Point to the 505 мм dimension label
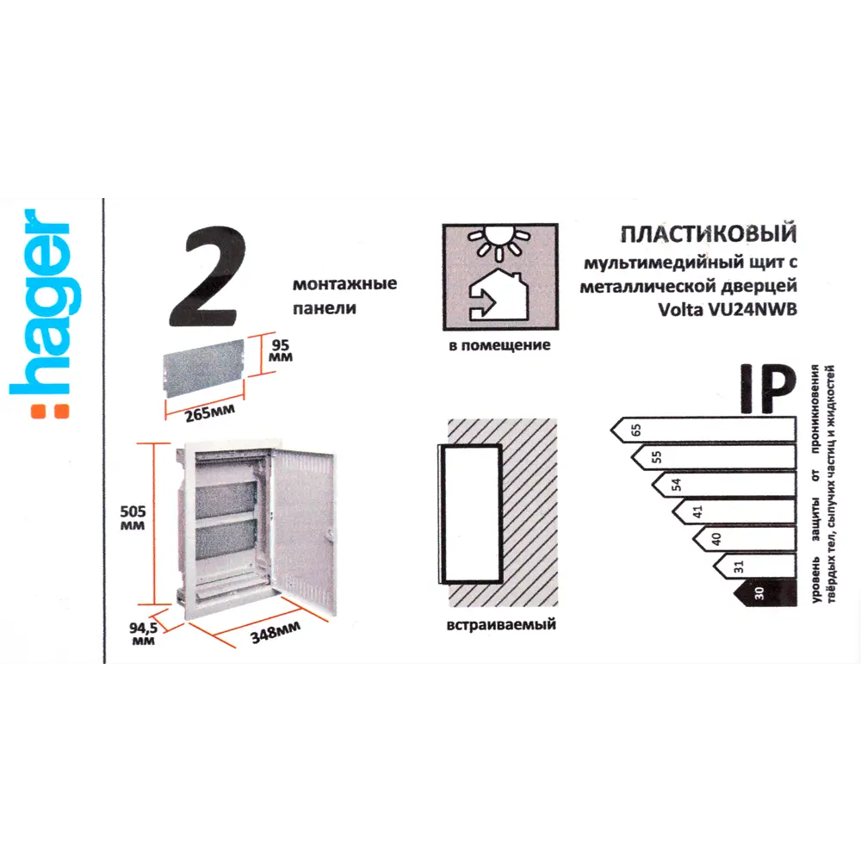coord(133,516)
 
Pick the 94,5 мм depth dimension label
coord(142,633)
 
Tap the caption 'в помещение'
coord(499,345)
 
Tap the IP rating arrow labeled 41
coord(732,511)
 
